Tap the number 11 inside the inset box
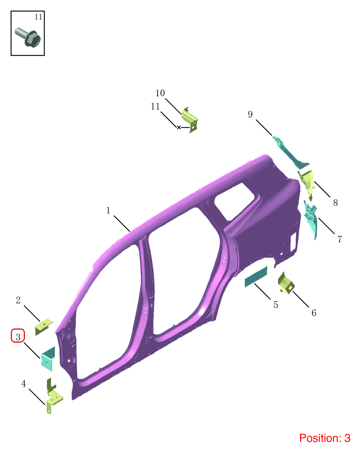point(38,17)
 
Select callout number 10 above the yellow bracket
point(160,93)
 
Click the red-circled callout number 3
point(18,337)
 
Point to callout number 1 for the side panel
point(108,210)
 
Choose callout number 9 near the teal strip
point(250,114)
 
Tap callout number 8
point(335,203)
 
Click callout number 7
point(340,239)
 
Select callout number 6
point(314,313)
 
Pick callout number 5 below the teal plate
point(276,305)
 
